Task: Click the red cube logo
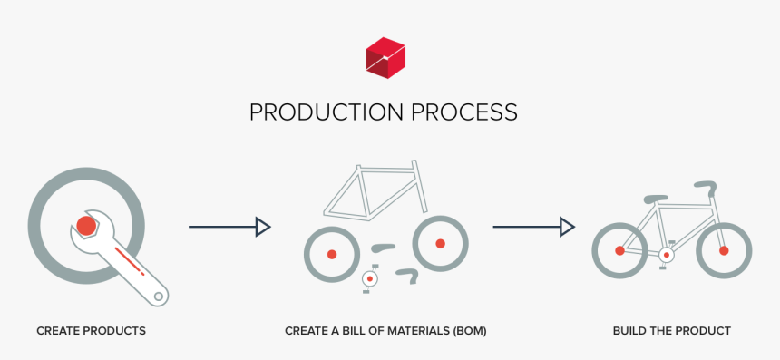click(385, 58)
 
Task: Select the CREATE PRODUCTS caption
click(91, 331)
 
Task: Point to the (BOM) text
click(469, 331)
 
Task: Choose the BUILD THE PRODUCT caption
click(671, 331)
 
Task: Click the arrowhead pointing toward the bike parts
click(263, 227)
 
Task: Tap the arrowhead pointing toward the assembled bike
click(567, 227)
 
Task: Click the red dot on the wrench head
click(86, 224)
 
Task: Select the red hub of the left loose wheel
click(332, 254)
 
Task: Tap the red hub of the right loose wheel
click(440, 243)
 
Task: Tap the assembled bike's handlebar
click(704, 187)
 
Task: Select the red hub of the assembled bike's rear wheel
click(619, 250)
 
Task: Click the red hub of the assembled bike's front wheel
click(724, 250)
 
